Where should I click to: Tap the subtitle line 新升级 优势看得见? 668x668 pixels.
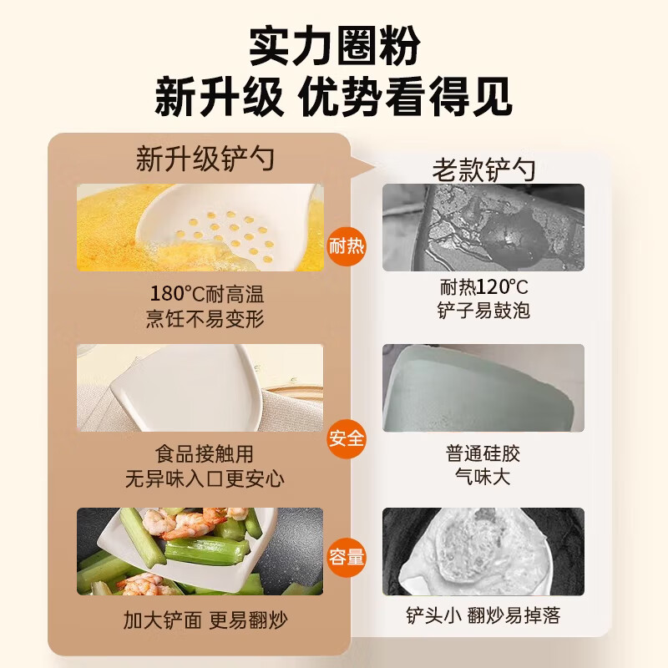334,99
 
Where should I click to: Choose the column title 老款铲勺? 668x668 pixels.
483,170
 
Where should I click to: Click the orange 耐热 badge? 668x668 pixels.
347,246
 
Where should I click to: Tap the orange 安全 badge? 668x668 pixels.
347,438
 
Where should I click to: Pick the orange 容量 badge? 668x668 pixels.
347,557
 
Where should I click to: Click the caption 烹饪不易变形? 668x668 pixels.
204,318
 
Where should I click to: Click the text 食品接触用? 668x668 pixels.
204,455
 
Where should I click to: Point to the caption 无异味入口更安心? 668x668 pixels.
204,478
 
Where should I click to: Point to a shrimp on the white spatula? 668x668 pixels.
185,525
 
